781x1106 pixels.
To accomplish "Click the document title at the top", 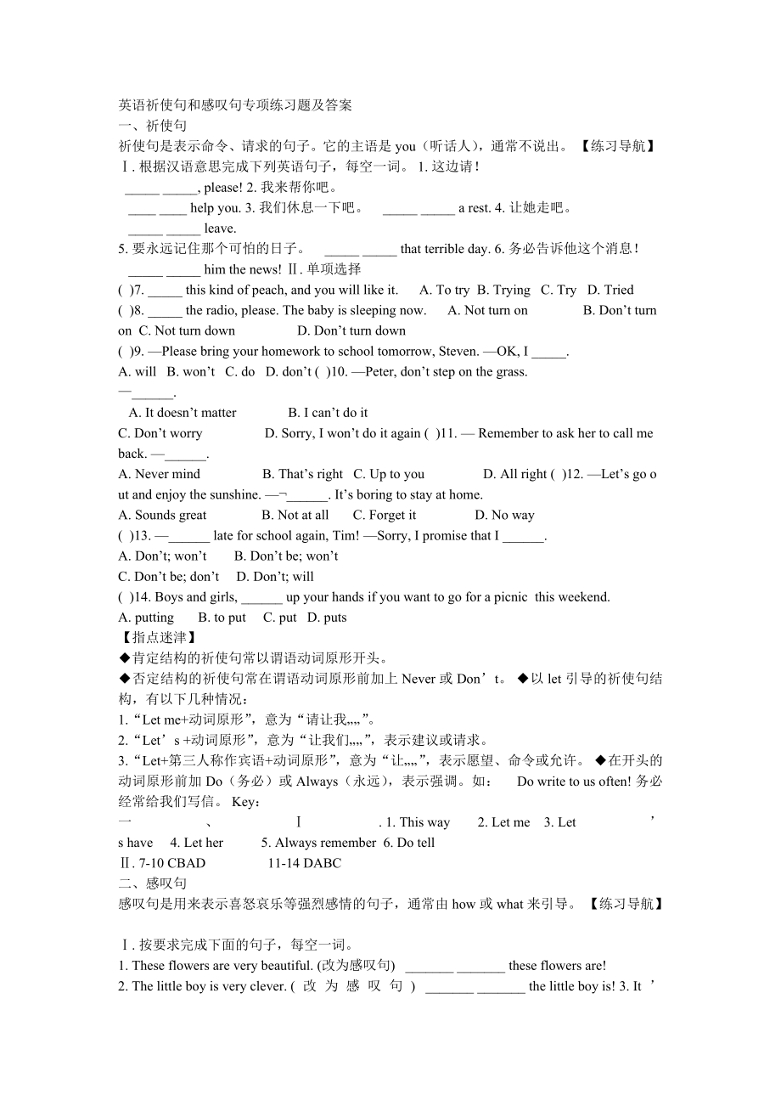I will click(234, 105).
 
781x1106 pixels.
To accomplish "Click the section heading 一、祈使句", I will click(152, 126).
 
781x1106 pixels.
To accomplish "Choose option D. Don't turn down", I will click(351, 330).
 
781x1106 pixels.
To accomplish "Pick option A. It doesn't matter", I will click(183, 413).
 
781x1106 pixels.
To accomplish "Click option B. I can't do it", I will click(328, 413).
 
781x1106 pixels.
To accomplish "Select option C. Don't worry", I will click(160, 433).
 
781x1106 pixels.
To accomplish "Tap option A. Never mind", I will click(160, 474).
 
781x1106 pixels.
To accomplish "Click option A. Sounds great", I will click(162, 515).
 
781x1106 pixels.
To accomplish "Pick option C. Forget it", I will click(385, 515).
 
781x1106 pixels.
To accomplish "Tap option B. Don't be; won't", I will click(286, 556).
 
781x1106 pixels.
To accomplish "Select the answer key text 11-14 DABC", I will click(304, 863).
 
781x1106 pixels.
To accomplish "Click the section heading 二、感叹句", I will click(152, 883).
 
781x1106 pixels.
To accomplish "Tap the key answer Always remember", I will click(318, 843).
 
